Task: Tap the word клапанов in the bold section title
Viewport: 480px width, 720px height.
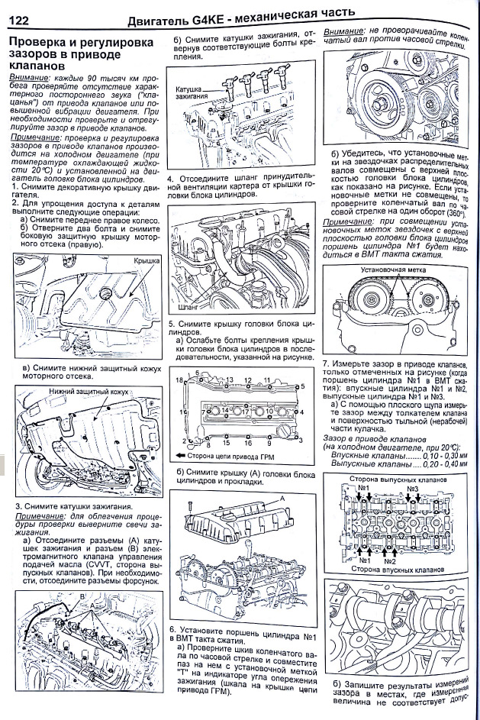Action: (36, 66)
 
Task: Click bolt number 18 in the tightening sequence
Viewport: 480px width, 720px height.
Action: (180, 379)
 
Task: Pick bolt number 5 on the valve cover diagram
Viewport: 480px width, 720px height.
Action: (303, 386)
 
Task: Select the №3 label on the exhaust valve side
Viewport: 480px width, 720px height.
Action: (413, 488)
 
